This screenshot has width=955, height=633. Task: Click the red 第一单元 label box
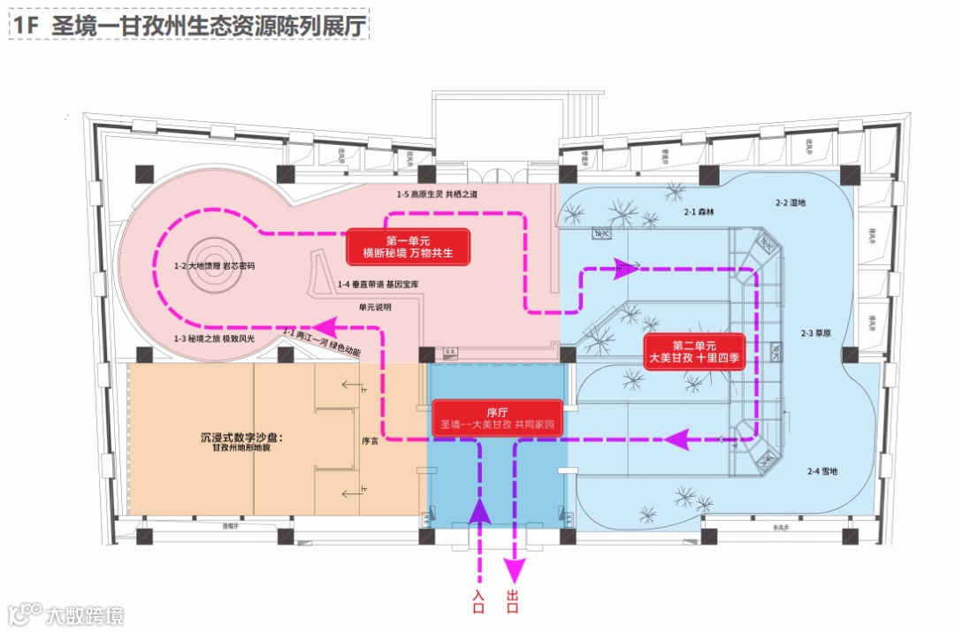coord(408,248)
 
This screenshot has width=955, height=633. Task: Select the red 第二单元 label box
coord(696,352)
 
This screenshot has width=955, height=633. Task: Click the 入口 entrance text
coord(479,601)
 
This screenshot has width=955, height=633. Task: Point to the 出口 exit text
coord(513,601)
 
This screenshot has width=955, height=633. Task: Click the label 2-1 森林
coord(699,213)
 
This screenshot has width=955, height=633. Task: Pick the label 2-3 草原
coord(818,333)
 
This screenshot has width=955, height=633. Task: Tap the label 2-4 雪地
coord(821,471)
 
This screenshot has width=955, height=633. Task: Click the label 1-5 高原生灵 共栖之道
coord(437,194)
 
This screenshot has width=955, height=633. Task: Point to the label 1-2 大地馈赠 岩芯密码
coord(215,265)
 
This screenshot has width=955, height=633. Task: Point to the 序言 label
coord(370,440)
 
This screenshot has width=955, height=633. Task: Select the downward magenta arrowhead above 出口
coord(514,568)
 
